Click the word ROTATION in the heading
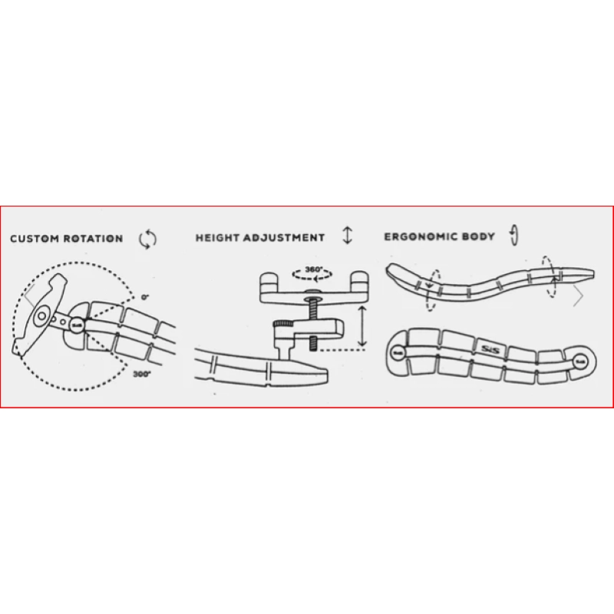click(x=94, y=239)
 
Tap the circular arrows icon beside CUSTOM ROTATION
click(x=147, y=239)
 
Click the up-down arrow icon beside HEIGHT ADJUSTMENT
click(x=347, y=237)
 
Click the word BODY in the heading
click(x=478, y=237)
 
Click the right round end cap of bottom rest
click(x=581, y=359)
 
